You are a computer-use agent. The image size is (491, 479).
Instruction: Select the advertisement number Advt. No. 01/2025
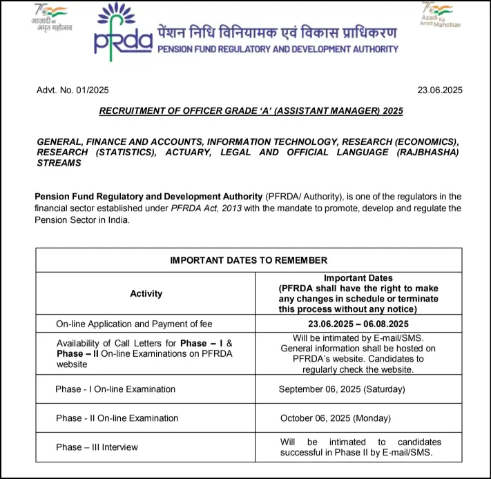click(73, 90)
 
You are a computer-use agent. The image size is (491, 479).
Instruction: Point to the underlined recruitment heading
click(251, 110)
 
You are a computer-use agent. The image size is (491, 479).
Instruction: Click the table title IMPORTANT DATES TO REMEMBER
click(249, 260)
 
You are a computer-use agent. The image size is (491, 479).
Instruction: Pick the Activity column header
click(146, 293)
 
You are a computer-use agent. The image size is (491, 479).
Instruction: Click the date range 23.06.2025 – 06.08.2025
click(358, 324)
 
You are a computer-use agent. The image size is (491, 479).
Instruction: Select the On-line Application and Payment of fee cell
click(134, 324)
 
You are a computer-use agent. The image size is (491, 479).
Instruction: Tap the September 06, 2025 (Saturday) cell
click(342, 389)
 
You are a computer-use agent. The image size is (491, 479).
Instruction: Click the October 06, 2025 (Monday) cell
click(336, 418)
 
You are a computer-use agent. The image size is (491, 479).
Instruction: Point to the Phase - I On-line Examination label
click(115, 389)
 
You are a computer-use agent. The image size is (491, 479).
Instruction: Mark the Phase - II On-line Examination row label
click(117, 418)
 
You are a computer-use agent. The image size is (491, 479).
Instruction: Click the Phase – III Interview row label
click(97, 447)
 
